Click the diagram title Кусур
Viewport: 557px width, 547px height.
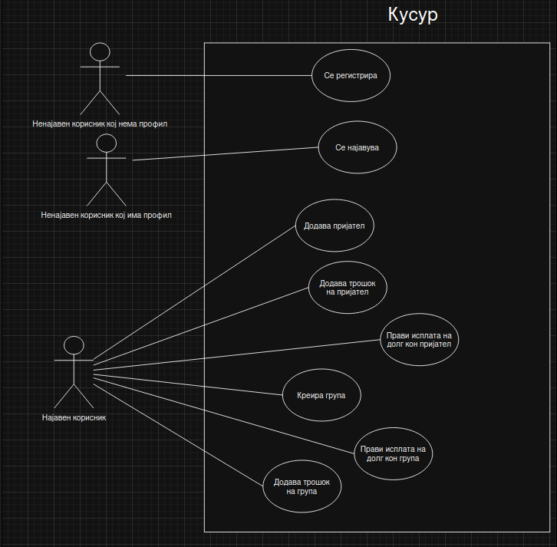tap(414, 15)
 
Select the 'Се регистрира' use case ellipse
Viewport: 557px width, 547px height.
tap(351, 76)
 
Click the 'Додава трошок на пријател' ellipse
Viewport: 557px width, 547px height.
tap(348, 287)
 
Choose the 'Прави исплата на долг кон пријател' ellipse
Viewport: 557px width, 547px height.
tap(419, 340)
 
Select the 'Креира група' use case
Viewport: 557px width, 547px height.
tap(321, 396)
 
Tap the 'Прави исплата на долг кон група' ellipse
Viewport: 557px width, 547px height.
tap(394, 453)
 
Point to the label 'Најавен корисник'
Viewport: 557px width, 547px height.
tap(74, 418)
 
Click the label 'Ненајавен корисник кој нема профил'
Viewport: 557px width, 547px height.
tap(100, 124)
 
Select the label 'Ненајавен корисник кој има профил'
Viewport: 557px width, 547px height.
tap(107, 216)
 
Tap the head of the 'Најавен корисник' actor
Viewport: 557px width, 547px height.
tap(73, 345)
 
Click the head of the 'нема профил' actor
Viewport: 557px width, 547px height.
tap(100, 52)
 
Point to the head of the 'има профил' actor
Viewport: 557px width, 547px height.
tap(106, 143)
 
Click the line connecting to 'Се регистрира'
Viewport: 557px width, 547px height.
tap(219, 76)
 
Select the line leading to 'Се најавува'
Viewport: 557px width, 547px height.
tap(226, 153)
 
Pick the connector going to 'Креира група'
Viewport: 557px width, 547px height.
tap(188, 384)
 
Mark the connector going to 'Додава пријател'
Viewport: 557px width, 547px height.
tap(193, 292)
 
